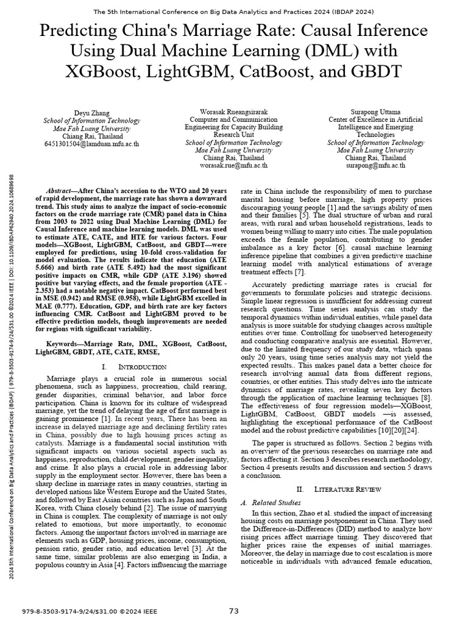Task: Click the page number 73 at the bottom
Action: click(x=234, y=611)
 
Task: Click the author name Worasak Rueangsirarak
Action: click(x=233, y=111)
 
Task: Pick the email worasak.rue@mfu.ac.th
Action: click(x=233, y=165)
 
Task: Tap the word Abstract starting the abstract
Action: click(x=63, y=191)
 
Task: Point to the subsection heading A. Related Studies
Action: click(x=271, y=502)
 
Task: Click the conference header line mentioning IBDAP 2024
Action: click(x=234, y=12)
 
